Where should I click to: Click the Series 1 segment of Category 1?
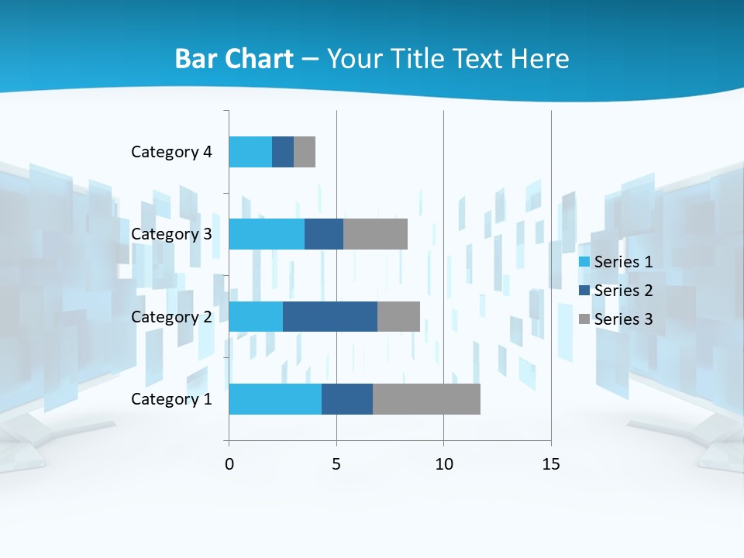(275, 399)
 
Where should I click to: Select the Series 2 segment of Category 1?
(347, 399)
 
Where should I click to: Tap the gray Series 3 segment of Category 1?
(426, 399)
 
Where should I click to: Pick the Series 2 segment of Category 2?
(330, 316)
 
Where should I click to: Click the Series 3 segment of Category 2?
(398, 316)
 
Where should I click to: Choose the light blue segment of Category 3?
(267, 234)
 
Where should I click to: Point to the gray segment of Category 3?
(375, 234)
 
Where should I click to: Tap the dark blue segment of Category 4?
(283, 152)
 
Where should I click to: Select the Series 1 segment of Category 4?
(250, 152)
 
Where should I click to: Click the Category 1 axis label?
(171, 399)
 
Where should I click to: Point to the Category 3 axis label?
(171, 234)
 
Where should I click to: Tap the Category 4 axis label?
(171, 152)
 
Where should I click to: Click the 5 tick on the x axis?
(336, 464)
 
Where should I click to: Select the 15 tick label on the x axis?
(551, 464)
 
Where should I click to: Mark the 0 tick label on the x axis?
(229, 464)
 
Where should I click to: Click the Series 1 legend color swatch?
(584, 262)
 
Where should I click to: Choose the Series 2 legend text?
(623, 291)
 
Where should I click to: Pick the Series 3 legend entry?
(616, 319)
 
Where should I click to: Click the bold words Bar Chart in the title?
(234, 59)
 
